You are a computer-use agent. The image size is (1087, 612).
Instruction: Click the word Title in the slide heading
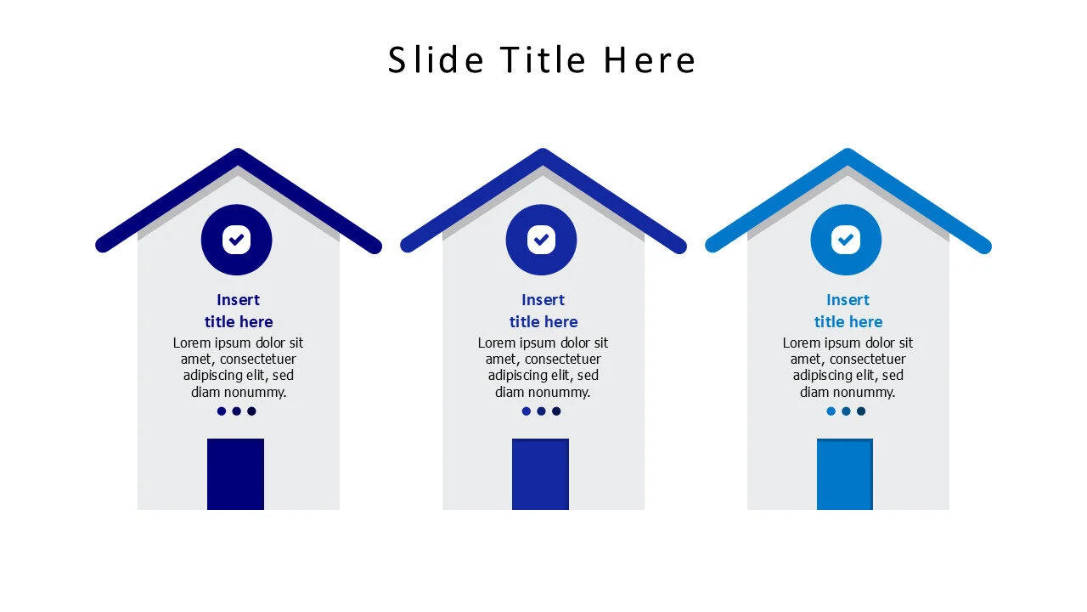543,60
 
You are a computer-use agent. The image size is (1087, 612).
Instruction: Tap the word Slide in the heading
436,60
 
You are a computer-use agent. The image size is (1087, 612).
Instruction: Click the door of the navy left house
235,474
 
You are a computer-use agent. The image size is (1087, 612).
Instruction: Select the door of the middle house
540,474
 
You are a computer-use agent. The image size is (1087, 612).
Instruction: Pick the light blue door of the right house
845,474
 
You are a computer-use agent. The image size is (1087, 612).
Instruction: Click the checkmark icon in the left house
237,240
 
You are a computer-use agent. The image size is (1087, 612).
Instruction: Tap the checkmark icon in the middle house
541,240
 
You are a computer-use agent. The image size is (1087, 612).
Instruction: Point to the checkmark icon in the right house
846,240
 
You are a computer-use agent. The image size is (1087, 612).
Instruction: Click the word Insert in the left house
239,300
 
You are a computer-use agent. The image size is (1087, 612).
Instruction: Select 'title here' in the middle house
543,322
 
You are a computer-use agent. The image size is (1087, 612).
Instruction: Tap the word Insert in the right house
848,300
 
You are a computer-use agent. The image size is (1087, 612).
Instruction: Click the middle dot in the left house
237,411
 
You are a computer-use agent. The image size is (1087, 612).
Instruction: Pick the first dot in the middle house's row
527,411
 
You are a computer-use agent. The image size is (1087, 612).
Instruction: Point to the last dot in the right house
861,411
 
